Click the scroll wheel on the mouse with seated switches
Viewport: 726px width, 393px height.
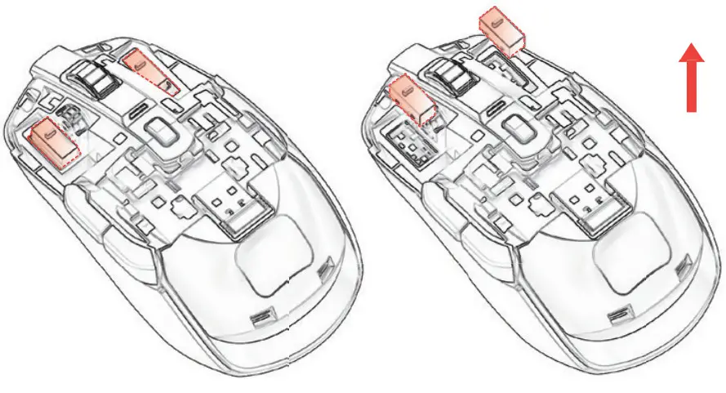93,77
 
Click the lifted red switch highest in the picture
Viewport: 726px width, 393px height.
500,32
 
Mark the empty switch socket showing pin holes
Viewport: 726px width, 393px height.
408,145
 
